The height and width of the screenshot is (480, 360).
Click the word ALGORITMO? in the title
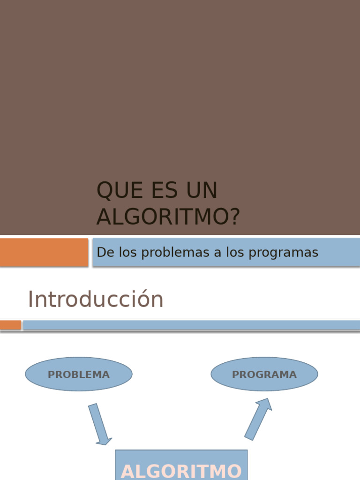pos(168,217)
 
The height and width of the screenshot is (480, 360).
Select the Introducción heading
pos(96,300)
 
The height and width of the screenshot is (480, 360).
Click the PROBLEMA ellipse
pos(79,375)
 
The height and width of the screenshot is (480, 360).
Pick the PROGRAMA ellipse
pos(264,375)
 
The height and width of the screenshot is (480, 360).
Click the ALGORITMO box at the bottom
pos(181,466)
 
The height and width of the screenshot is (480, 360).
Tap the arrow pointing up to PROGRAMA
pos(258,419)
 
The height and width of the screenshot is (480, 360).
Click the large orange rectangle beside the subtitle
pos(44,252)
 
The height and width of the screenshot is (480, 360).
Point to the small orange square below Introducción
pos(10,325)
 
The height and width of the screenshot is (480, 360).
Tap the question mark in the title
pos(234,217)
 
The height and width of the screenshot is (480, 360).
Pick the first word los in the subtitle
pos(127,253)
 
